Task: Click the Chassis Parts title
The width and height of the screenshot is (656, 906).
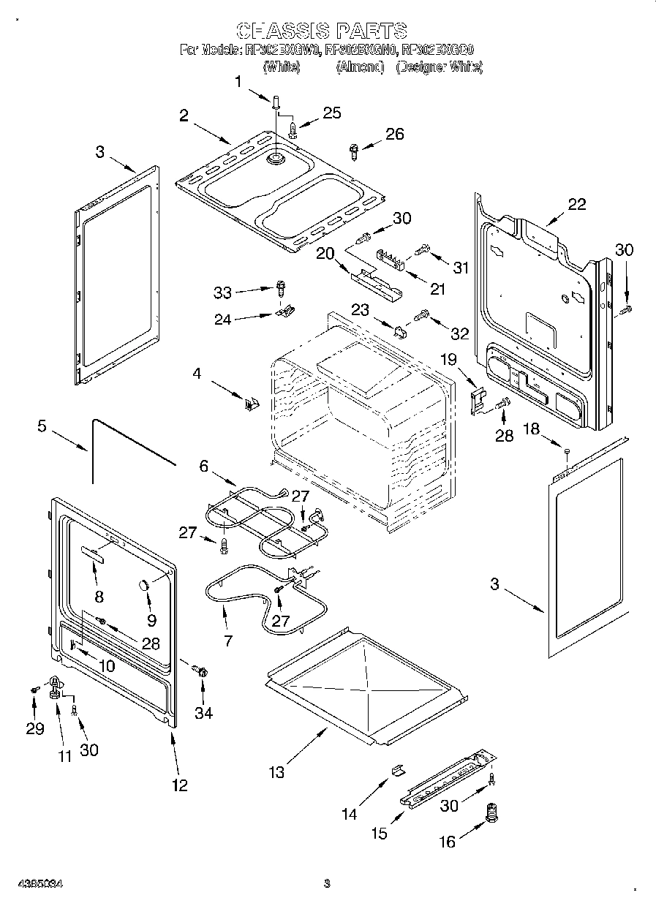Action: tap(322, 31)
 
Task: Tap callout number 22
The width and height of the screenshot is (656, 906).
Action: tap(577, 205)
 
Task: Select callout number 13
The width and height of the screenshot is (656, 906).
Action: tap(276, 771)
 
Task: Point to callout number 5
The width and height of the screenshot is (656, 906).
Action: tap(42, 426)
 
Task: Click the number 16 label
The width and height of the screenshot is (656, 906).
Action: tap(447, 842)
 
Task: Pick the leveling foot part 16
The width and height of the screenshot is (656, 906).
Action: tap(492, 814)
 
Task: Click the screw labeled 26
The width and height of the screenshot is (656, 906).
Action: tap(355, 151)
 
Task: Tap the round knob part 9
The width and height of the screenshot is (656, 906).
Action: tap(144, 583)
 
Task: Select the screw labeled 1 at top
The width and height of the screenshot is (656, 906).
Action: tap(276, 102)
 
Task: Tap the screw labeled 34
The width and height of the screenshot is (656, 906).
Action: tap(203, 671)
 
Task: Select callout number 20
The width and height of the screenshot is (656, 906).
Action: tap(324, 253)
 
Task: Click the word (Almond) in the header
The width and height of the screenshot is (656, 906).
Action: tap(360, 67)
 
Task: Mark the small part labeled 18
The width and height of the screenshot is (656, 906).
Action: tap(567, 453)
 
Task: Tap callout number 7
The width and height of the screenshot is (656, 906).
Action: tap(228, 641)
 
